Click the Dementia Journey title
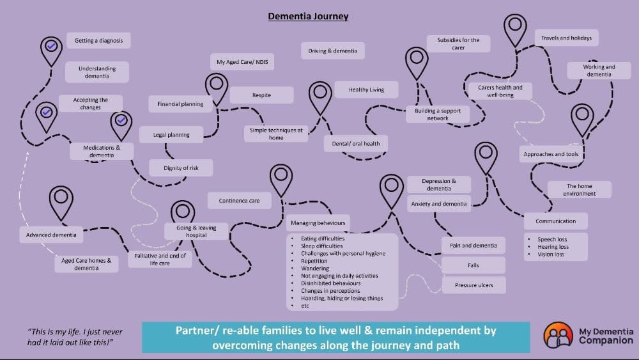click(x=308, y=17)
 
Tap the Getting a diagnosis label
click(x=98, y=40)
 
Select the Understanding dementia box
click(x=97, y=72)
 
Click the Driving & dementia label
click(x=333, y=51)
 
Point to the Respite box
click(x=261, y=95)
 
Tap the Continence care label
click(x=239, y=201)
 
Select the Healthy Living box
click(x=366, y=90)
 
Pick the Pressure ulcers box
click(x=473, y=285)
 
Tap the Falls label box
click(x=473, y=265)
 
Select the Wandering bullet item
click(x=314, y=269)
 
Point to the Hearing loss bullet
click(x=553, y=247)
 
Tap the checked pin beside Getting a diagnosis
click(x=51, y=47)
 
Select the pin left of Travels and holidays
click(x=514, y=26)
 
